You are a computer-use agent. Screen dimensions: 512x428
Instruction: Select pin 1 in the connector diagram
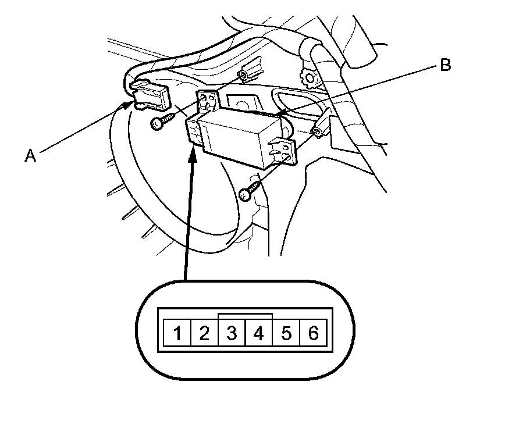[x=177, y=333]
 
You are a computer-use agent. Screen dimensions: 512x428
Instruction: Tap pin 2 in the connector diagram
[x=204, y=333]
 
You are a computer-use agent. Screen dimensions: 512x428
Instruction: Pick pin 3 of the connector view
[x=232, y=333]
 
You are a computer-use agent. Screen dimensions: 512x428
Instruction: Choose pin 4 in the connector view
[x=259, y=333]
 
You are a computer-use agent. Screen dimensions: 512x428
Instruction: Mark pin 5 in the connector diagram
[x=286, y=333]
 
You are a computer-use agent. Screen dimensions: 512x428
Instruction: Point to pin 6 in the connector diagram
[x=314, y=333]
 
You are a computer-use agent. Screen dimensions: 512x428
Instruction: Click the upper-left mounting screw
[x=161, y=121]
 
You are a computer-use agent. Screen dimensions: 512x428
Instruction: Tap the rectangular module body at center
[x=239, y=137]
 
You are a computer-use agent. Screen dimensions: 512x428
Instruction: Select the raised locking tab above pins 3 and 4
[x=245, y=315]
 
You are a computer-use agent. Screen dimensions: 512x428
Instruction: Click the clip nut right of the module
[x=318, y=131]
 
